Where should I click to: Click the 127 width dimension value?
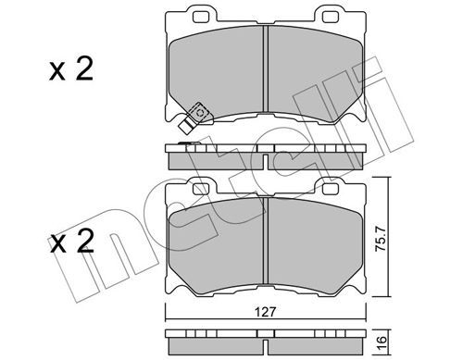click(265, 312)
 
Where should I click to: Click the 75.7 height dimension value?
click(381, 239)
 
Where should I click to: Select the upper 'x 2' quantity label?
click(71, 69)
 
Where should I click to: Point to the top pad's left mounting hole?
click(201, 18)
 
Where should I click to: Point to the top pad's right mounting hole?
click(331, 18)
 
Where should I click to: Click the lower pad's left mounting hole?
click(201, 189)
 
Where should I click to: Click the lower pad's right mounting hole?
click(331, 189)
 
